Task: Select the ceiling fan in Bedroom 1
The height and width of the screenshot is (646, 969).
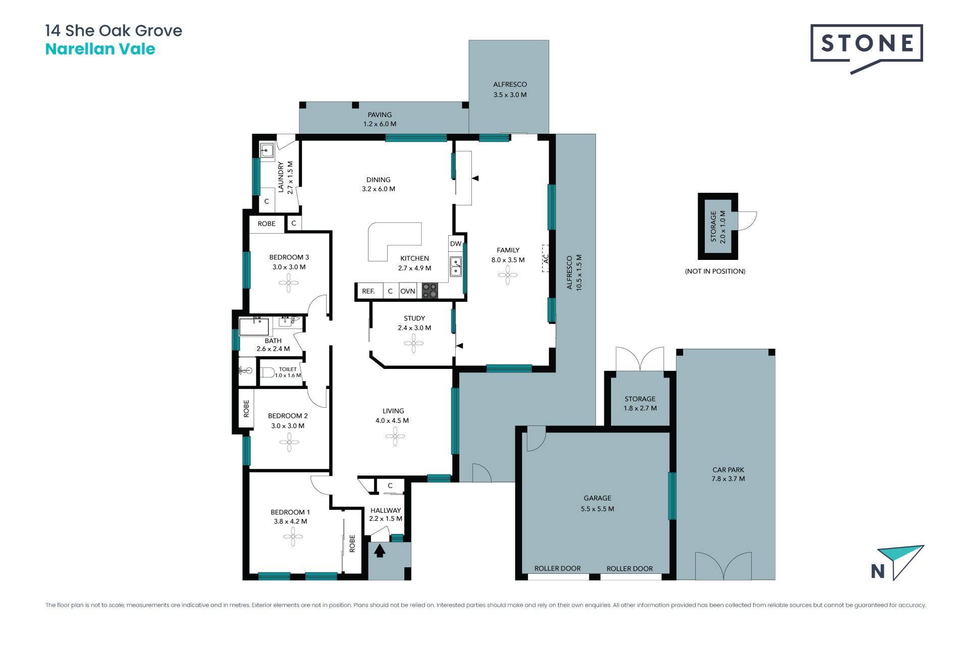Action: [x=293, y=537]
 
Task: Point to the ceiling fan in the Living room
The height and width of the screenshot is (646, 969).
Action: [x=395, y=437]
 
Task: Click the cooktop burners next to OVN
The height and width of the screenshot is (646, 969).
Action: [x=430, y=291]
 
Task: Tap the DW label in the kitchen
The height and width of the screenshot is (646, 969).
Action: [x=456, y=244]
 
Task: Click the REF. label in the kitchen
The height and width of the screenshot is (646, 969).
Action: [x=368, y=291]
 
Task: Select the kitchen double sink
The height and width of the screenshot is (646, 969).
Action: [x=456, y=266]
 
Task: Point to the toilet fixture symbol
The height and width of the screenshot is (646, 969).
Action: [x=267, y=372]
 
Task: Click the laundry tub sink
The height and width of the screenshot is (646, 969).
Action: [x=266, y=150]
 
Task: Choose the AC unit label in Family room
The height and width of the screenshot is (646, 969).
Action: [x=546, y=258]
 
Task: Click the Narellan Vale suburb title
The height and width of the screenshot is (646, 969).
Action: [x=100, y=49]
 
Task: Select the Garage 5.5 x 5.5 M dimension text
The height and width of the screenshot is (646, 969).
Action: [x=598, y=509]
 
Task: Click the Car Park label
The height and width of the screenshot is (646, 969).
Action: [x=728, y=470]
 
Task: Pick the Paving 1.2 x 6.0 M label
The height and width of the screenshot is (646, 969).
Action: [x=380, y=119]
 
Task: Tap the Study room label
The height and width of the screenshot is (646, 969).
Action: [x=414, y=318]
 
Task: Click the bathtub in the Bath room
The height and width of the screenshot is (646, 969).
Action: [x=254, y=327]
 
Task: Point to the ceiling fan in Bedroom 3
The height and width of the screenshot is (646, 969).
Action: [x=289, y=283]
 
